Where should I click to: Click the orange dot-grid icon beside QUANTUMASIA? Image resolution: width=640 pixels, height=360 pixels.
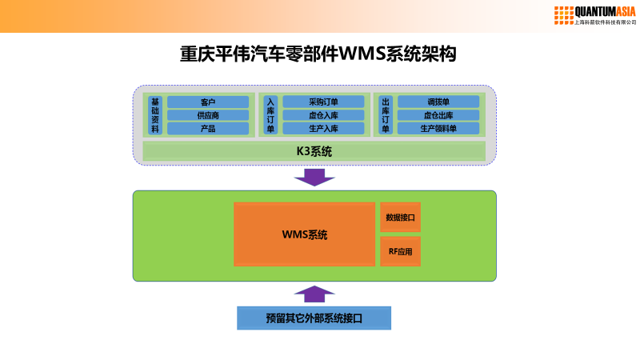(x=564, y=14)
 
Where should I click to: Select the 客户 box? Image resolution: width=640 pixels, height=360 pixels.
(x=208, y=102)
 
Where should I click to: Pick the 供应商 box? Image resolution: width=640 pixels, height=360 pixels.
(x=208, y=115)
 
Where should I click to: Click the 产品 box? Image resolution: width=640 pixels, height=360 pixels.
(x=208, y=128)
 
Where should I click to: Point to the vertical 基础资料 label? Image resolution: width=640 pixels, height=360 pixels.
(x=155, y=115)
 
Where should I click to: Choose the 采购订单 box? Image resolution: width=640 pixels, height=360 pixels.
(x=323, y=102)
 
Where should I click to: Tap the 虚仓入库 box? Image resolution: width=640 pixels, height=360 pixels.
(x=323, y=115)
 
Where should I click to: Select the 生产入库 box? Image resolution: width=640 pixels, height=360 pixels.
(x=323, y=128)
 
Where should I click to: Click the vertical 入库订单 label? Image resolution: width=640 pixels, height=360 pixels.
(x=270, y=115)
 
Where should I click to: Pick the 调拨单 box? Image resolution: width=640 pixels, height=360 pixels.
(x=438, y=102)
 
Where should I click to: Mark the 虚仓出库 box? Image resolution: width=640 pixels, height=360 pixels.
(x=438, y=115)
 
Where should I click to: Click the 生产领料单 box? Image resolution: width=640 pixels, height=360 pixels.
(x=438, y=128)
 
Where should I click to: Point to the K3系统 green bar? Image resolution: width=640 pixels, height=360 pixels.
(x=314, y=150)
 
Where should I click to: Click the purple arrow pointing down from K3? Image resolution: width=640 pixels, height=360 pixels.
(x=314, y=177)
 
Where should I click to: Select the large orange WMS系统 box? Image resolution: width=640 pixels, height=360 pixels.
(x=304, y=234)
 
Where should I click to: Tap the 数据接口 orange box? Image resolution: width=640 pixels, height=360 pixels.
(x=400, y=218)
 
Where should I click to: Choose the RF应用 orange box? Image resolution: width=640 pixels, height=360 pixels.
(x=400, y=251)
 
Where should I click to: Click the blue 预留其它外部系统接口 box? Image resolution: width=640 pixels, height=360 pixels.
(x=314, y=318)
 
